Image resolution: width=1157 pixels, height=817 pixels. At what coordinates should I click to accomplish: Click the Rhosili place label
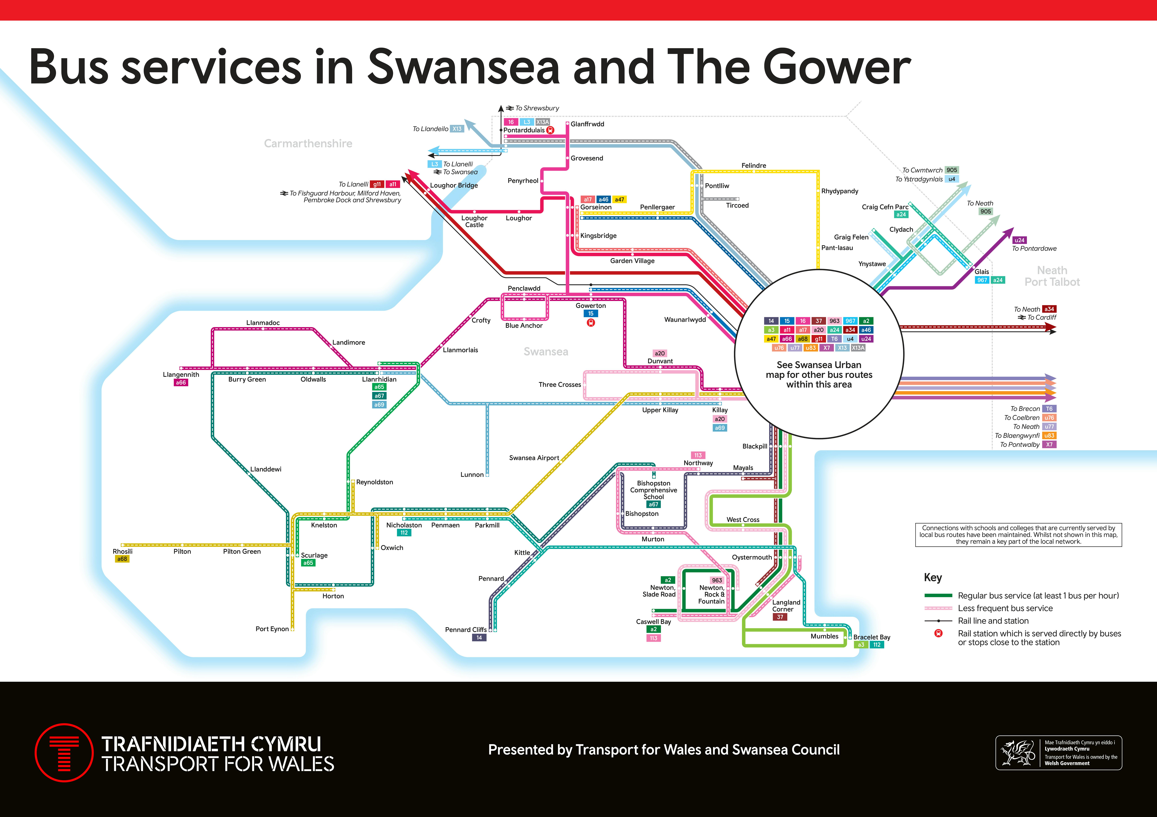click(x=122, y=551)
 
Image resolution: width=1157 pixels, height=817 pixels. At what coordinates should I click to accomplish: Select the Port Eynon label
click(x=272, y=629)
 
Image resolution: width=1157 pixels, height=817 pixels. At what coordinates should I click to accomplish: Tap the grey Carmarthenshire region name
click(x=308, y=144)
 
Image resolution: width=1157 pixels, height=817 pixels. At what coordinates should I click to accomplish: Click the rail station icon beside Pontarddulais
click(x=550, y=130)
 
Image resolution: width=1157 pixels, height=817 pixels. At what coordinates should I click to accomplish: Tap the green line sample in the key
click(x=938, y=595)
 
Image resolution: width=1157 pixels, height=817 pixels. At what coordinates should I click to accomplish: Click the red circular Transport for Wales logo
click(x=64, y=752)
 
